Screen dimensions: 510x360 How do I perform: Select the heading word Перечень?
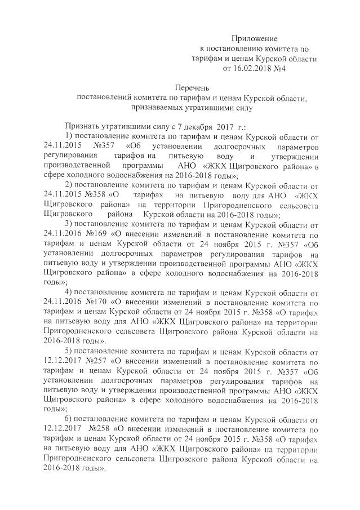tap(191, 88)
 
